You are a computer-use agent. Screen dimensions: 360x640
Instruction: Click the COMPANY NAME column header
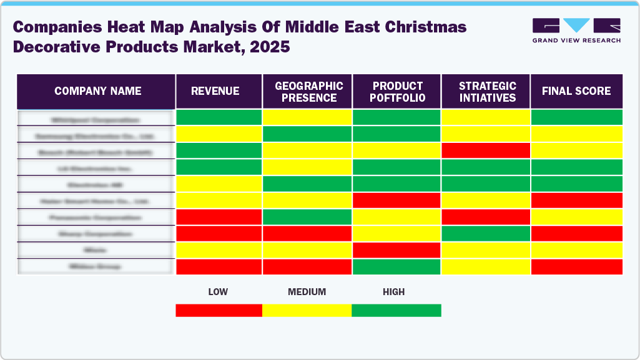click(97, 91)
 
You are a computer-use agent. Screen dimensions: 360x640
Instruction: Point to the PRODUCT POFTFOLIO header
click(398, 92)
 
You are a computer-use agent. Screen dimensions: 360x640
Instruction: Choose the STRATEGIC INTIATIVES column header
click(486, 92)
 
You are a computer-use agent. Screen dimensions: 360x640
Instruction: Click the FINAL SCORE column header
click(576, 91)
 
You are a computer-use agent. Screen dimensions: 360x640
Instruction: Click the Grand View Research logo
click(576, 31)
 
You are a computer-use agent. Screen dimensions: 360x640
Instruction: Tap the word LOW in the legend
click(219, 291)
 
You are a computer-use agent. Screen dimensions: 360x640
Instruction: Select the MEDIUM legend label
click(307, 291)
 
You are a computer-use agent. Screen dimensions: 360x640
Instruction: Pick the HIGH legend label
click(394, 291)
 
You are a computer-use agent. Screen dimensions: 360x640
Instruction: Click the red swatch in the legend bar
click(219, 310)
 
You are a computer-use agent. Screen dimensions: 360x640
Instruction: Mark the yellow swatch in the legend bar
click(307, 310)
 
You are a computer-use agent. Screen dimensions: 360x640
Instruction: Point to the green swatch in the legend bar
click(396, 310)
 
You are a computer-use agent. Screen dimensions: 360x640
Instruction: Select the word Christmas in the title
click(427, 27)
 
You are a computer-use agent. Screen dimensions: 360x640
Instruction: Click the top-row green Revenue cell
click(219, 117)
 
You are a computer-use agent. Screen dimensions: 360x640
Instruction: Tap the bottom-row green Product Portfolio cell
click(397, 266)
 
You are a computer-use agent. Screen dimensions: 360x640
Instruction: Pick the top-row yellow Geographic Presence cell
click(308, 117)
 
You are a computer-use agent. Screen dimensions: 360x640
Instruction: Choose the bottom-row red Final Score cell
click(576, 266)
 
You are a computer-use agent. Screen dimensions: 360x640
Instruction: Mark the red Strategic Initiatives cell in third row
click(486, 150)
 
